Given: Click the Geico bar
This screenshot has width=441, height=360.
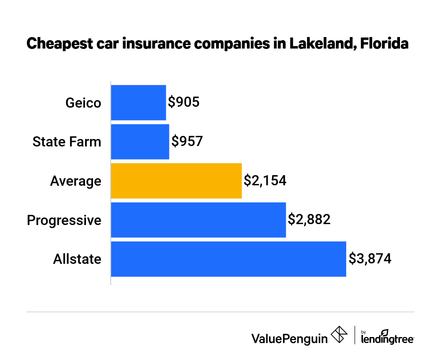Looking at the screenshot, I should pyautogui.click(x=138, y=103).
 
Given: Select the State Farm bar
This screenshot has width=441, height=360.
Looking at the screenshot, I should pyautogui.click(x=140, y=142).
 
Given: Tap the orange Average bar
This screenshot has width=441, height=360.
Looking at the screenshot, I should pyautogui.click(x=176, y=180).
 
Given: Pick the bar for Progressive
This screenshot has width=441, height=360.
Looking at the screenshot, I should pyautogui.click(x=198, y=220).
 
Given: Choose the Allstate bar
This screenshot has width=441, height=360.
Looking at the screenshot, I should pyautogui.click(x=228, y=259).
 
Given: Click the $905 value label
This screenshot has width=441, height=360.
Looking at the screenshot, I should pyautogui.click(x=184, y=102).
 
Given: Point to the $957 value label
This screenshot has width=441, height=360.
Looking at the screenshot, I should pyautogui.click(x=187, y=142).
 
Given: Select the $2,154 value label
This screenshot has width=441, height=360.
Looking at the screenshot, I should pyautogui.click(x=265, y=180).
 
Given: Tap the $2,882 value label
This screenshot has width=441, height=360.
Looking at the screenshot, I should pyautogui.click(x=309, y=219).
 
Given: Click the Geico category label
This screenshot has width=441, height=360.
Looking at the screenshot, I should pyautogui.click(x=83, y=103).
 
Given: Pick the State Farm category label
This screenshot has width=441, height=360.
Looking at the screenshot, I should pyautogui.click(x=67, y=142).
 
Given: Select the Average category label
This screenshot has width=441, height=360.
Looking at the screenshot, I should pyautogui.click(x=75, y=181).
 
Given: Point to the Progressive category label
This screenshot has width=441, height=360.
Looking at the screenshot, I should pyautogui.click(x=64, y=220).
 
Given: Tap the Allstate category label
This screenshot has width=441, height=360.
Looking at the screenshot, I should pyautogui.click(x=77, y=259).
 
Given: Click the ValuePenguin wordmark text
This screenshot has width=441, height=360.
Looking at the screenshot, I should pyautogui.click(x=289, y=338).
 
